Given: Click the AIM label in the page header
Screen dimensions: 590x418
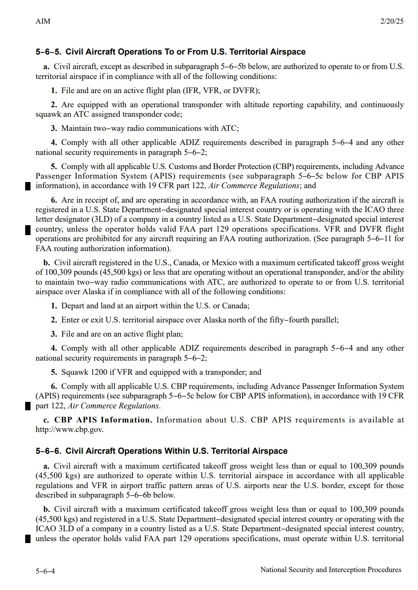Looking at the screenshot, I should (43, 21).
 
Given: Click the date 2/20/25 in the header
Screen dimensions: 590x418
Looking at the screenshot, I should (392, 21).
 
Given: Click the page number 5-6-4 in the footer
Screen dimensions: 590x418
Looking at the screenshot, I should (45, 571).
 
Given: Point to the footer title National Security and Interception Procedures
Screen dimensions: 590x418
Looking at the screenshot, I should (331, 570).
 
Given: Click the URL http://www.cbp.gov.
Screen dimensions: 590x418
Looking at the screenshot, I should (69, 429).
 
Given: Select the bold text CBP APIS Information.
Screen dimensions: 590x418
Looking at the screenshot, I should (103, 420).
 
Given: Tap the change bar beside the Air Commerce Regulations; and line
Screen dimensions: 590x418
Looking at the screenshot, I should (27, 186).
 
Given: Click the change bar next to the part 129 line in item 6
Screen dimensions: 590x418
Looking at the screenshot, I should (27, 230).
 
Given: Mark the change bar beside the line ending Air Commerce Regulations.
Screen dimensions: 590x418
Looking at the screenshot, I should (27, 406).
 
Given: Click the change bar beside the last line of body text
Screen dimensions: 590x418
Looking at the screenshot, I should (27, 539).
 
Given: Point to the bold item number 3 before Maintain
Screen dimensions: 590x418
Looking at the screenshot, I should (54, 128).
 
